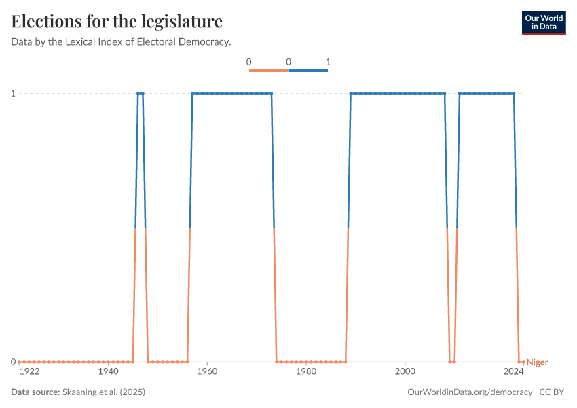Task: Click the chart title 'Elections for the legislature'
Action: (117, 22)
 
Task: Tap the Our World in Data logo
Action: (544, 22)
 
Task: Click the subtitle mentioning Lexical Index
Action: (121, 42)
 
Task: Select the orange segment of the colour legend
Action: (268, 70)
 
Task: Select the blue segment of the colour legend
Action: (308, 70)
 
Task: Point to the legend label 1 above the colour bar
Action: (328, 62)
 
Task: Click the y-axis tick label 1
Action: (13, 93)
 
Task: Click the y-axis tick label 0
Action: (13, 362)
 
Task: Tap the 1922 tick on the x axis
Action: (29, 372)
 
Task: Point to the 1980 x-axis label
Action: (306, 372)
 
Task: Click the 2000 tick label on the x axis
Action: (405, 372)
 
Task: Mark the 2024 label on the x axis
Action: (514, 372)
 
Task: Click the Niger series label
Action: (537, 362)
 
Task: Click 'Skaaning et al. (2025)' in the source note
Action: (104, 392)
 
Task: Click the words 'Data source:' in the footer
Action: (35, 392)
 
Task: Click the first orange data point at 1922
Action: (20, 362)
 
